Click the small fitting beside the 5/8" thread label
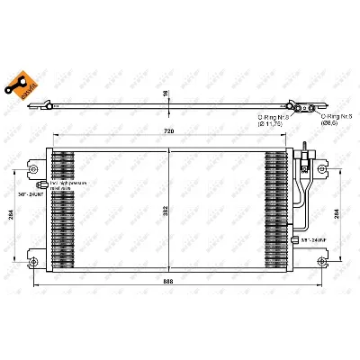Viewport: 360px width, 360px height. [x=298, y=237]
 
